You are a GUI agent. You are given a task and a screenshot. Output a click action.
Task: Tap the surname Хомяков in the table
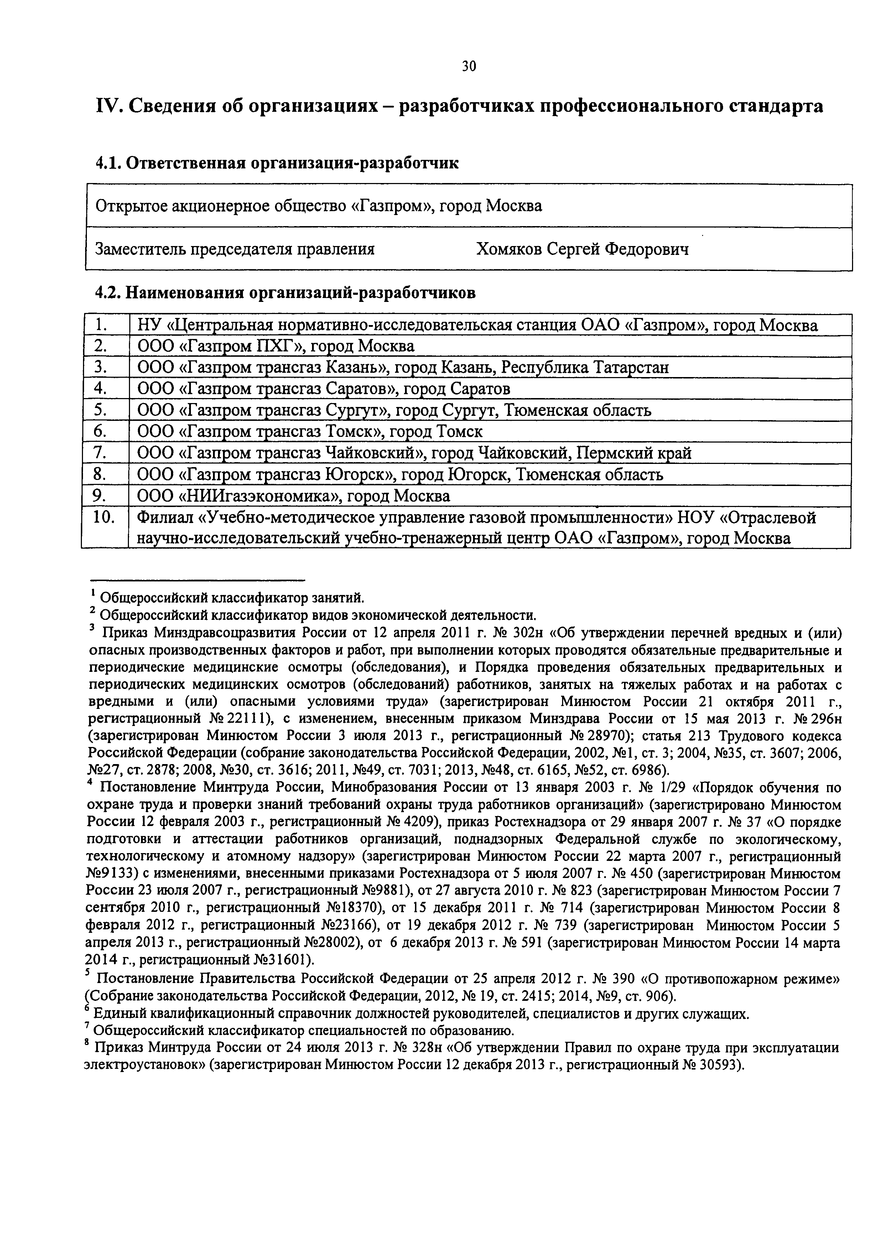click(509, 249)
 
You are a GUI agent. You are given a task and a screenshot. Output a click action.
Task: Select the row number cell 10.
click(103, 517)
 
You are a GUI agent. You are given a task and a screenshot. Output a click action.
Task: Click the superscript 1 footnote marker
click(94, 593)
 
